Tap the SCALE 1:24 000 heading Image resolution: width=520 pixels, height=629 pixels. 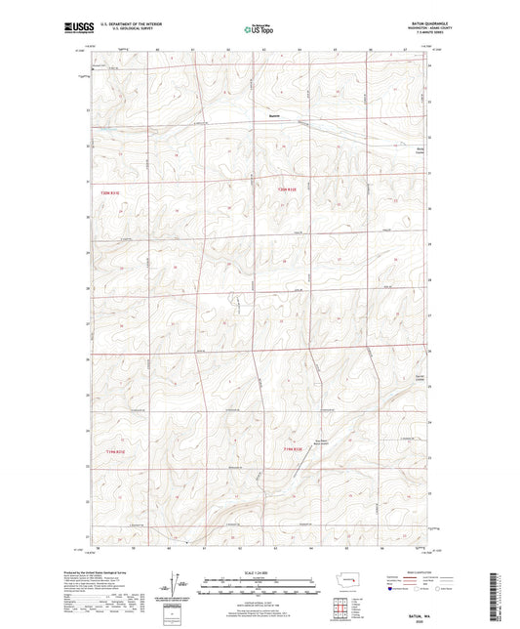point(259,574)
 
